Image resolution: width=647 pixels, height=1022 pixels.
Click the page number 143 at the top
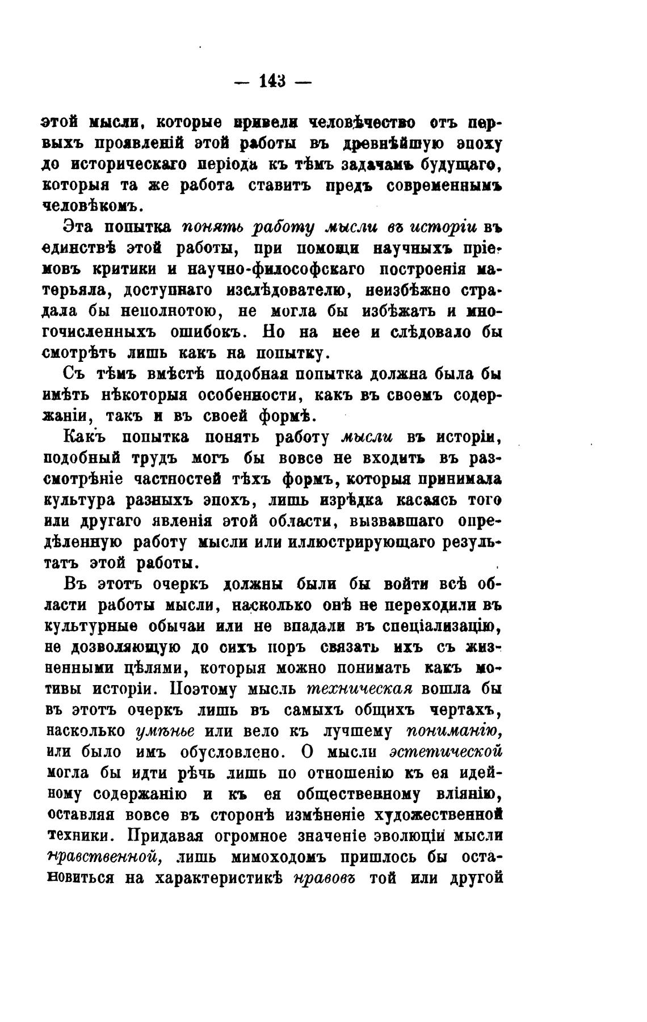click(x=273, y=81)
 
